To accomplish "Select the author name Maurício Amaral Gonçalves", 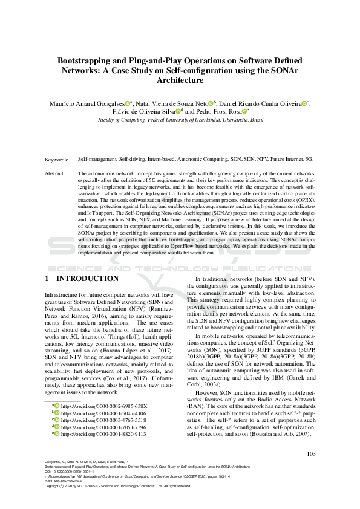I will pyautogui.click(x=90, y=103).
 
